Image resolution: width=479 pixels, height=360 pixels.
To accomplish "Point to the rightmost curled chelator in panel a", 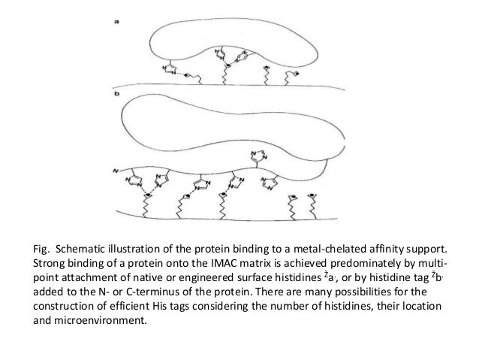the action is click(x=294, y=75).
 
